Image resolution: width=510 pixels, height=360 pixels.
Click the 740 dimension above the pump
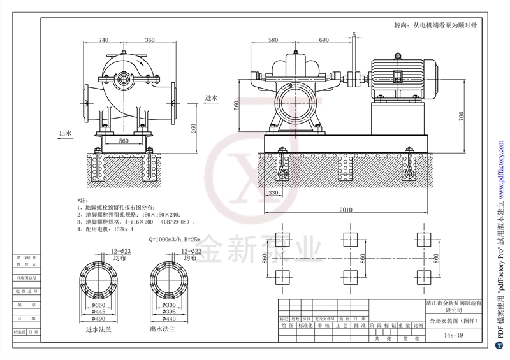point(103,40)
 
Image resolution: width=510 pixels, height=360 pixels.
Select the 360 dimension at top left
point(150,40)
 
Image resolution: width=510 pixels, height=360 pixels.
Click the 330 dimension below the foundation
point(273,192)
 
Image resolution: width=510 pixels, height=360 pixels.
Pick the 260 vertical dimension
point(193,127)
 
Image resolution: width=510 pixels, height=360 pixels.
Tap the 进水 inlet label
point(212,98)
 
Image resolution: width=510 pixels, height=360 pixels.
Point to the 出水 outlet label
point(65,134)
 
